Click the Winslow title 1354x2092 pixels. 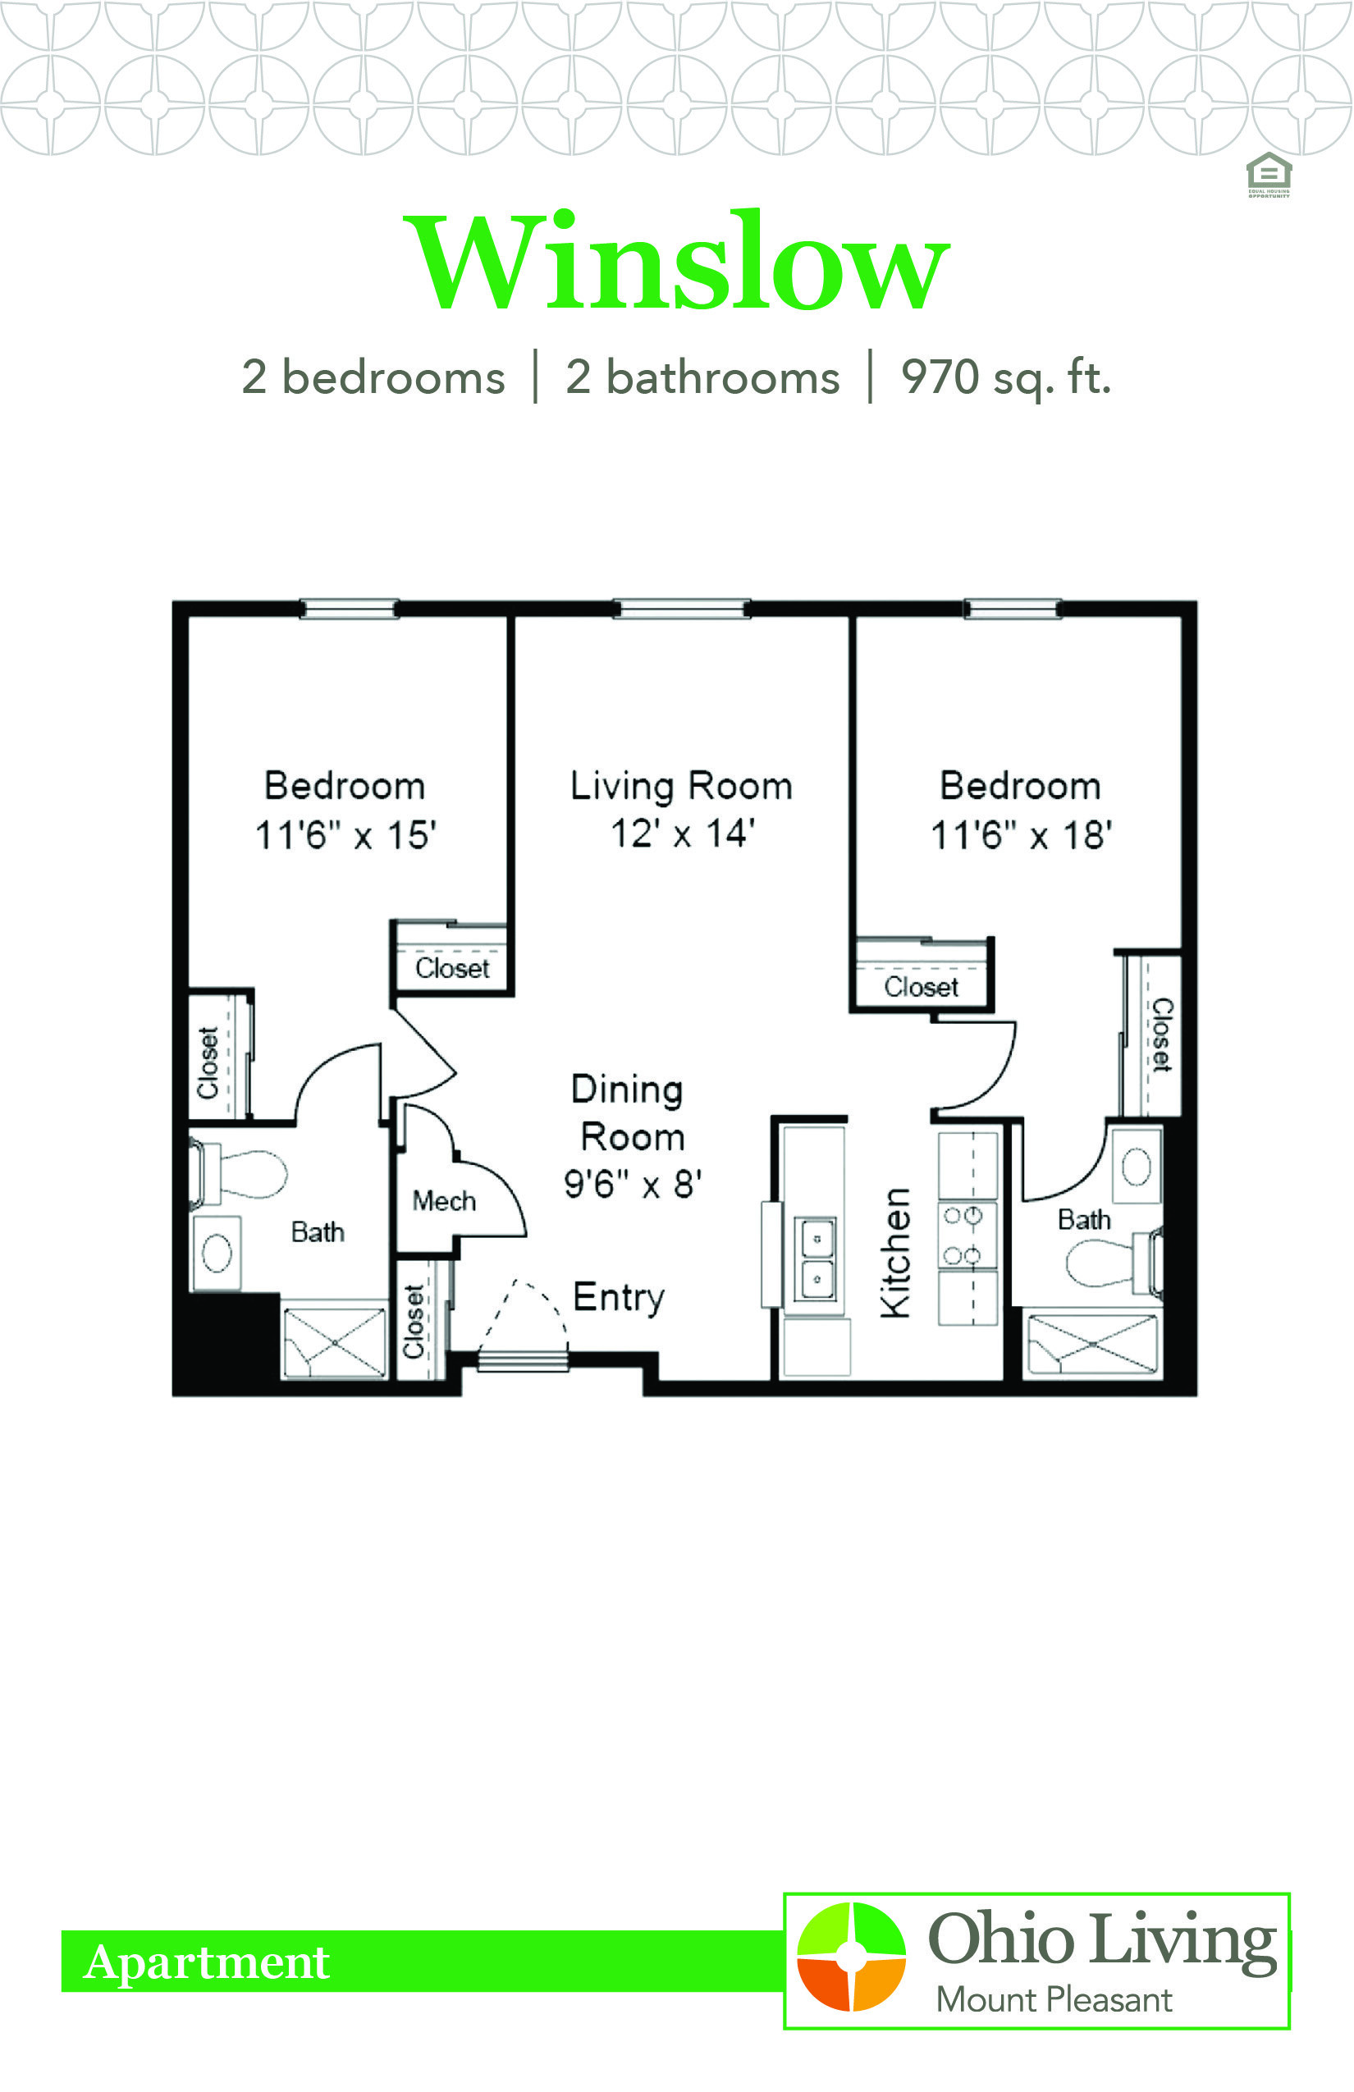[676, 261]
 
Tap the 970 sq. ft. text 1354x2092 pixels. [1006, 378]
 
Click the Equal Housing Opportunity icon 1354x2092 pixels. [1269, 175]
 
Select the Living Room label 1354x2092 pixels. [681, 786]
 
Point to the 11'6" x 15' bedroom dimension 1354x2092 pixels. [345, 835]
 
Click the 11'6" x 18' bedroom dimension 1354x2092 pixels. [1022, 835]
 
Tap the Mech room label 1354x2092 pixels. [444, 1201]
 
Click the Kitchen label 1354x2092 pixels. [895, 1254]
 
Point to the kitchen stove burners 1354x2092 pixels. [963, 1235]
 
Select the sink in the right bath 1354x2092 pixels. [1137, 1167]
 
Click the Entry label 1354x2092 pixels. [619, 1298]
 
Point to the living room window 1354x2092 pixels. [682, 608]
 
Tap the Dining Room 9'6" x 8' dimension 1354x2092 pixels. [633, 1185]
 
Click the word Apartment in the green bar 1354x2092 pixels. [207, 1962]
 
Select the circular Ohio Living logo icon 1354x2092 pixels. [851, 1957]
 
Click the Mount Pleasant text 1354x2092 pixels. [1054, 2001]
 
